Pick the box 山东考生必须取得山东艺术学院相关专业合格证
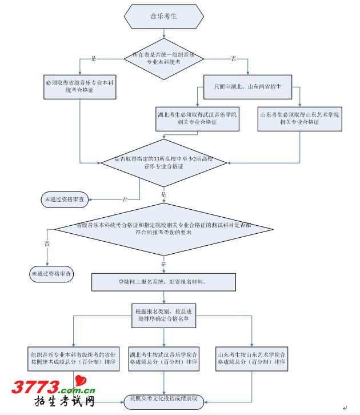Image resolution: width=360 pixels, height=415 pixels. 299,118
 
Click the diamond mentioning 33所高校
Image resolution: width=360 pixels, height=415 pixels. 163,162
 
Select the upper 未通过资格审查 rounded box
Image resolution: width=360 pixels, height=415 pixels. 64,199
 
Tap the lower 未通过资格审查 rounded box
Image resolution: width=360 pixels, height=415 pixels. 52,274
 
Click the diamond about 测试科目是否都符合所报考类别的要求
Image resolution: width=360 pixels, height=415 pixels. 163,229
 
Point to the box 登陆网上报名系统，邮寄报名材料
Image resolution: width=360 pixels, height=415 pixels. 163,282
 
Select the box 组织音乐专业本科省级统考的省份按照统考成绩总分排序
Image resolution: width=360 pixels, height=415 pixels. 74,358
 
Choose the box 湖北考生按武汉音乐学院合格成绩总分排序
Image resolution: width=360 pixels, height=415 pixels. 164,358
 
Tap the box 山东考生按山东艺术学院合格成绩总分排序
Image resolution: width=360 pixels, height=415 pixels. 251,358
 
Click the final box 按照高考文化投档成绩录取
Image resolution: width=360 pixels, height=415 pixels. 163,398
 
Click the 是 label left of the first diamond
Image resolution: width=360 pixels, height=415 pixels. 94,59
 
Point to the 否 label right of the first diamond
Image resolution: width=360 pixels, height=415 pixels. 233,59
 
